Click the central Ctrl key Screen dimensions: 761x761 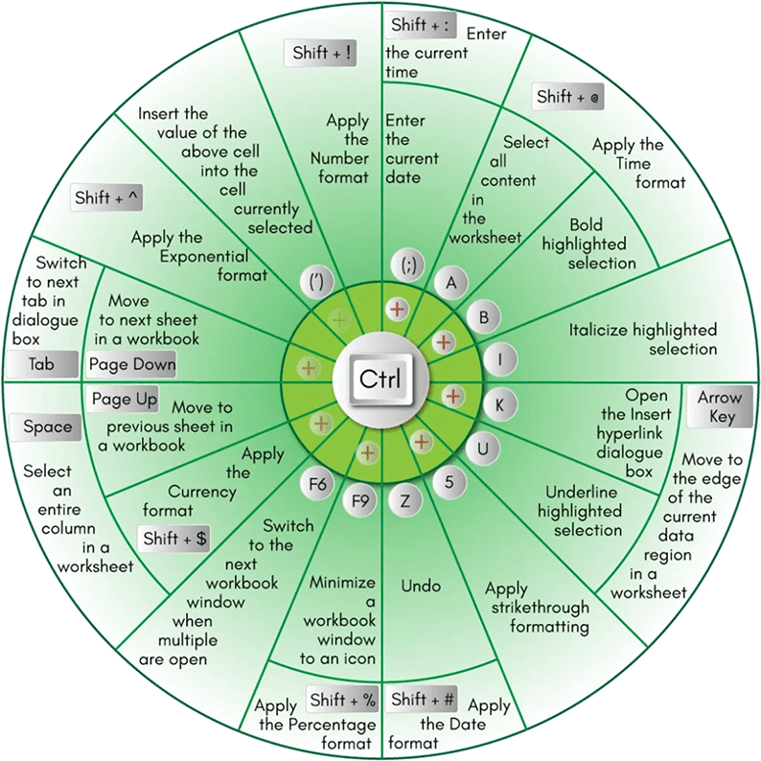[x=380, y=379]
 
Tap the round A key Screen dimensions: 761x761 [x=451, y=282]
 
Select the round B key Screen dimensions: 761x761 [x=484, y=317]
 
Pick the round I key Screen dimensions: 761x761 [x=500, y=359]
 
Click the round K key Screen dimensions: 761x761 [x=499, y=404]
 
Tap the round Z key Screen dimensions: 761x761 [x=405, y=499]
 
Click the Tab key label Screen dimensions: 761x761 [x=42, y=365]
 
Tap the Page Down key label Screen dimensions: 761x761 [x=132, y=364]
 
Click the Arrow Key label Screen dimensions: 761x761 [x=719, y=406]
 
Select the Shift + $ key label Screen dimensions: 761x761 [x=175, y=539]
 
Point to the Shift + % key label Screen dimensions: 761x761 [x=341, y=699]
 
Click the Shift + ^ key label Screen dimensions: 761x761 [x=108, y=198]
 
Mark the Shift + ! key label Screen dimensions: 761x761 [x=321, y=54]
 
